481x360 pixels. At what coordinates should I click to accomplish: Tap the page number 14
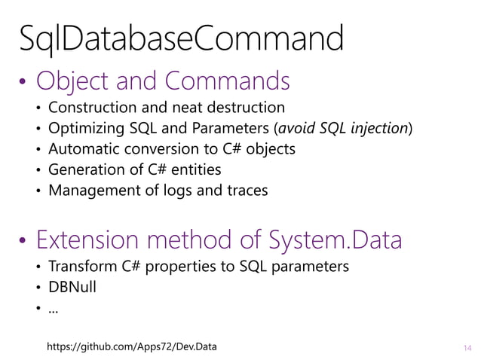point(467,347)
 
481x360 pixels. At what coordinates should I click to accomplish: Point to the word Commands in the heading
point(230,81)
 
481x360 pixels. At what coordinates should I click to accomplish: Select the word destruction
point(247,108)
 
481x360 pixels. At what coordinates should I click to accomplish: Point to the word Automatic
point(82,149)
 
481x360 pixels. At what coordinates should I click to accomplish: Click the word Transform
point(79,267)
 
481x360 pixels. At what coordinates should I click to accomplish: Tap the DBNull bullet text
point(72,288)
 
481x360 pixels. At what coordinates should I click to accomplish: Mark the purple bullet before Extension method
point(23,243)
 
